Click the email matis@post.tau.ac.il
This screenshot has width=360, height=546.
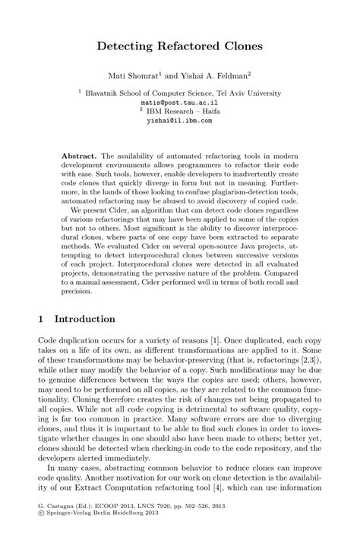tap(180, 100)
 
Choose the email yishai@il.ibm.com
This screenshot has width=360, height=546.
tap(180, 120)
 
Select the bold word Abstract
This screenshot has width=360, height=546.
tap(79, 156)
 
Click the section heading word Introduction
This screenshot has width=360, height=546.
tap(84, 319)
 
